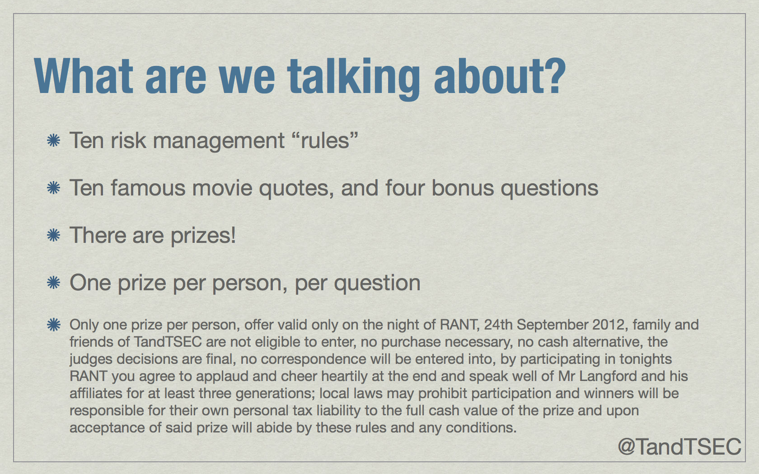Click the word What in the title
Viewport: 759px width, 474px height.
point(84,76)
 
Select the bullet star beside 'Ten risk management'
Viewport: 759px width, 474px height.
point(53,140)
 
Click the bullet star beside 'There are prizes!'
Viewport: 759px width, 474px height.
point(53,235)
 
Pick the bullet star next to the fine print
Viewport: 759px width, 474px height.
point(53,325)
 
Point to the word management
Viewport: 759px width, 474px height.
point(219,142)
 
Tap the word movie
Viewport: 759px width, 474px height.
point(222,188)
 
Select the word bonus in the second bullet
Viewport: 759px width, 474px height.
point(463,188)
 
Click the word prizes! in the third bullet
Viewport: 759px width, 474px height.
point(203,237)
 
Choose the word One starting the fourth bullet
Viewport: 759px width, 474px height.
point(90,283)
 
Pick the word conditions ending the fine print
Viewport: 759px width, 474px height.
point(481,428)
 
